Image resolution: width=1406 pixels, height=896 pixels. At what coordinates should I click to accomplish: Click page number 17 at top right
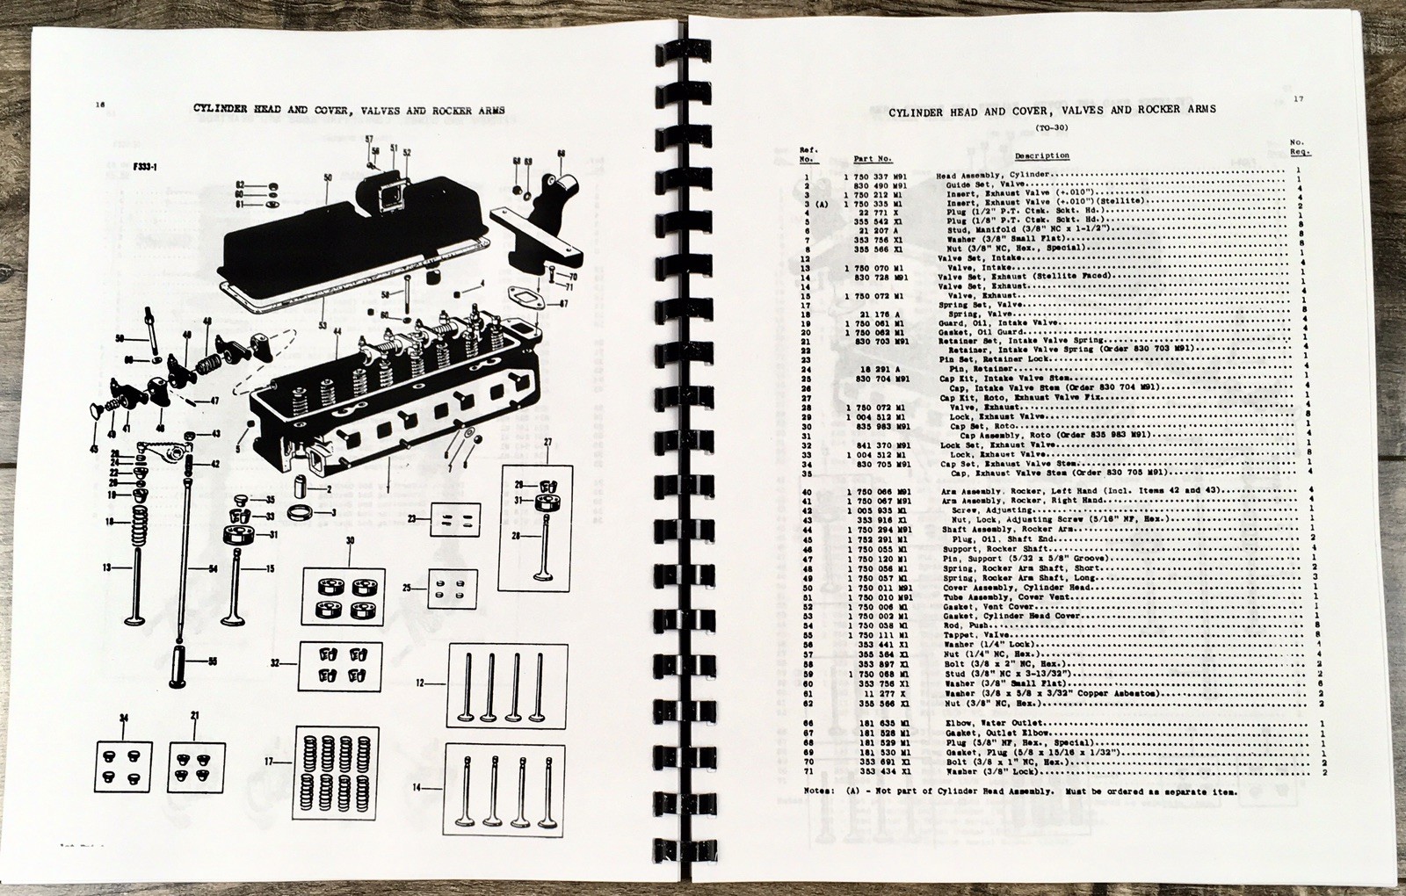pyautogui.click(x=1298, y=99)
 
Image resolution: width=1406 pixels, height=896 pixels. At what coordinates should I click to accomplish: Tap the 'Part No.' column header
pyautogui.click(x=873, y=158)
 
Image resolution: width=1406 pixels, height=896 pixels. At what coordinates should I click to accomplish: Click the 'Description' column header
pyautogui.click(x=1042, y=155)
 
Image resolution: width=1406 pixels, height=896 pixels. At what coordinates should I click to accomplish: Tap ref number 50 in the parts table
pyautogui.click(x=807, y=587)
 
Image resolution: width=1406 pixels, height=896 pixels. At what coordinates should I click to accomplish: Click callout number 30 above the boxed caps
pyautogui.click(x=350, y=541)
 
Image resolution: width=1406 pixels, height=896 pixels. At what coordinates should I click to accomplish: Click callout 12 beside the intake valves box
pyautogui.click(x=420, y=682)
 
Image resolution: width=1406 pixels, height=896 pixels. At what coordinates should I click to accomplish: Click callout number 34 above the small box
pyautogui.click(x=123, y=719)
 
